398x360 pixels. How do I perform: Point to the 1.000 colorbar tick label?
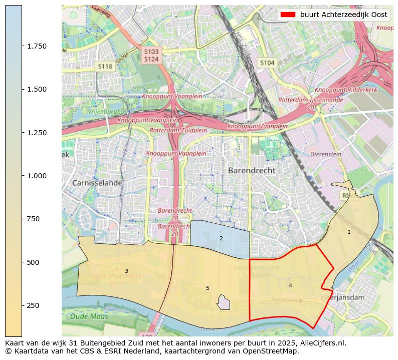(x=37, y=176)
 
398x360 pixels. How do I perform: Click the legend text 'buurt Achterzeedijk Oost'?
(x=344, y=15)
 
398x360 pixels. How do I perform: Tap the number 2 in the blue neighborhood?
(x=221, y=238)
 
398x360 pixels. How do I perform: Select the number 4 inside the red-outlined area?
(x=290, y=285)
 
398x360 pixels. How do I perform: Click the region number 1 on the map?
(x=349, y=232)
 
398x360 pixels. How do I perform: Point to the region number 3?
(x=126, y=271)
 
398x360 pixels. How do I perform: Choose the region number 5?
(x=208, y=288)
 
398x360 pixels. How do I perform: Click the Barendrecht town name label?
(x=252, y=170)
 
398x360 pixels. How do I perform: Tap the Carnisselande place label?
(x=97, y=183)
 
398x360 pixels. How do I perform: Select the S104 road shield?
(x=267, y=63)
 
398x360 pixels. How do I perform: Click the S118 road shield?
(x=105, y=66)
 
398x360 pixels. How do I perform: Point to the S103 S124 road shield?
(x=151, y=56)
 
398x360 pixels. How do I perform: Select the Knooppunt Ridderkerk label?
(x=345, y=90)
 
